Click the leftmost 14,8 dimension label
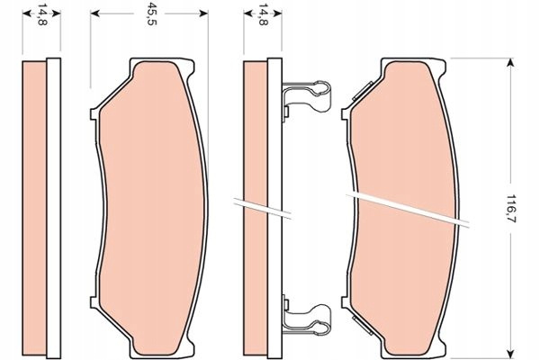pos(42,15)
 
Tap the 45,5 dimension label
pos(151,15)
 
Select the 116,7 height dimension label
pos(511,208)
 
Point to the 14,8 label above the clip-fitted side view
pos(263,15)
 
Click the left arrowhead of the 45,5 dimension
pos(94,13)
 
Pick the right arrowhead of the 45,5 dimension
pos(203,13)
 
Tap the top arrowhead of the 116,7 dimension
pos(511,62)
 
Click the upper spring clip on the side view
pos(307,97)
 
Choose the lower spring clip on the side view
pos(307,316)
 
